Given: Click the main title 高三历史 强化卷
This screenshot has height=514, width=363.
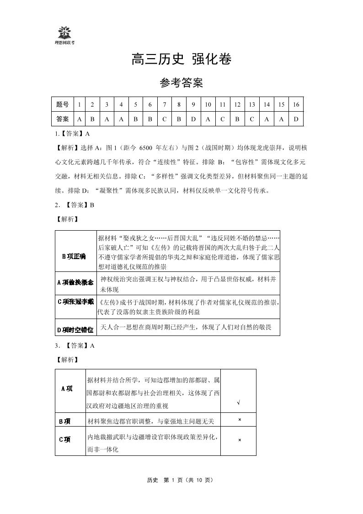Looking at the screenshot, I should (181, 60).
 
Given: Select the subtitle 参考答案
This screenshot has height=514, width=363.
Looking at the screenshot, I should (181, 83).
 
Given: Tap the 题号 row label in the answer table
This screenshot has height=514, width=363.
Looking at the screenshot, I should (62, 105).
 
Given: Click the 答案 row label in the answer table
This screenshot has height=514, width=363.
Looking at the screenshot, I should (62, 119).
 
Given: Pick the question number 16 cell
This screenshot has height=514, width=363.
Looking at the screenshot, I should (296, 105).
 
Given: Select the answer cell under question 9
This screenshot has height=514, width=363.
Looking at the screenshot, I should (193, 119).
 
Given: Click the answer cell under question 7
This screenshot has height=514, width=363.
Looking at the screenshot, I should (164, 119).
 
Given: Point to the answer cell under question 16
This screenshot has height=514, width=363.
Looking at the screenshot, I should (296, 119).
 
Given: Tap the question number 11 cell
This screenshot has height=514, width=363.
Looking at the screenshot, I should (223, 105).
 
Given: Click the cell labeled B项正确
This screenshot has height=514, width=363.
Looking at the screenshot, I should (74, 256).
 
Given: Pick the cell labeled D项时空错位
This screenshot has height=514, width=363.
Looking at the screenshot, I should (75, 330).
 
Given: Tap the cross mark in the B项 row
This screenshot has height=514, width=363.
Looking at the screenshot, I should (239, 420).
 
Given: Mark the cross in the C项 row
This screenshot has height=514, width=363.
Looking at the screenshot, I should (239, 440).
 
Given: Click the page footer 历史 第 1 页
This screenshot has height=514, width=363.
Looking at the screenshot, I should (181, 480).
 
